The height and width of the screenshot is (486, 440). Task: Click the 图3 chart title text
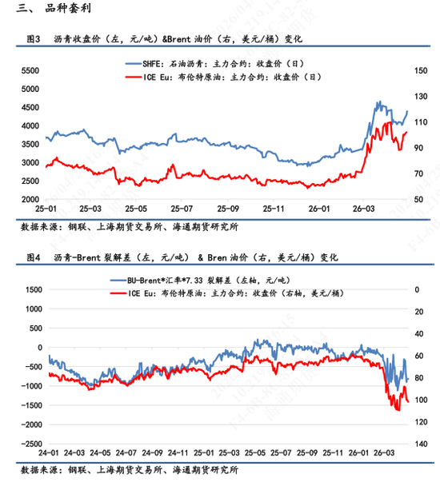(x=165, y=38)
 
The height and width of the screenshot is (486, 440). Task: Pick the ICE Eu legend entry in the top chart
(x=221, y=77)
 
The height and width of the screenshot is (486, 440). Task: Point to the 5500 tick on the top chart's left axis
(x=30, y=71)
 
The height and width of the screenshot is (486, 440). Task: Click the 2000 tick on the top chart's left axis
(x=30, y=199)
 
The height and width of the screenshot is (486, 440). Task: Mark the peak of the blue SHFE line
(x=378, y=102)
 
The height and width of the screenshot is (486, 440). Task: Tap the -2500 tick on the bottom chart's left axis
(x=30, y=444)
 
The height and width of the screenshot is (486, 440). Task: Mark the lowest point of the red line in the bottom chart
(x=398, y=410)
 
